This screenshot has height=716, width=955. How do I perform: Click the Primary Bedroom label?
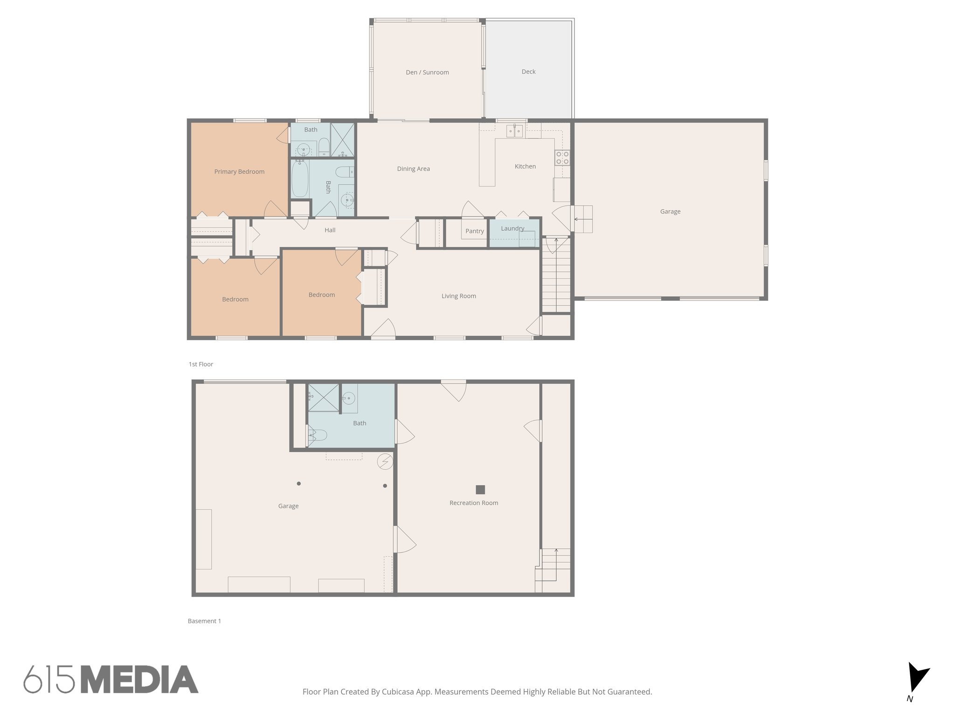click(239, 172)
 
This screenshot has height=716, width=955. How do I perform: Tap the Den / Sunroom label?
click(427, 72)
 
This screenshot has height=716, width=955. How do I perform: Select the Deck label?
click(528, 71)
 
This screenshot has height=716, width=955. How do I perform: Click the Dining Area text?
click(413, 169)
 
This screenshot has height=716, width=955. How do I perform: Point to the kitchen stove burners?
click(562, 158)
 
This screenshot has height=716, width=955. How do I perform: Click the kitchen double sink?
click(515, 131)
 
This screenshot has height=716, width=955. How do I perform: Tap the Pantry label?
click(475, 231)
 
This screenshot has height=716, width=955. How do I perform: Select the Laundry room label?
click(512, 228)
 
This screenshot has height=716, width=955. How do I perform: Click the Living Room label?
click(458, 296)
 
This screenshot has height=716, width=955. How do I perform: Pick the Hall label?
click(330, 230)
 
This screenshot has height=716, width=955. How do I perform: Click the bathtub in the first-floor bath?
click(299, 179)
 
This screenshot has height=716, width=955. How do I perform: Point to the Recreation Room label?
click(473, 503)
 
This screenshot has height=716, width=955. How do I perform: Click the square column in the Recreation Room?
click(480, 489)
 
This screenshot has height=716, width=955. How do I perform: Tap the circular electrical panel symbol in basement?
click(385, 461)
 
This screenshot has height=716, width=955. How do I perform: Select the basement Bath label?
click(360, 423)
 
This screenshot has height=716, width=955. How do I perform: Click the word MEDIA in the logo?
click(139, 679)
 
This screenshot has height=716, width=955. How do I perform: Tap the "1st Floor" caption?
click(201, 364)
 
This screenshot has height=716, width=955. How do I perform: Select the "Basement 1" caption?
click(204, 621)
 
